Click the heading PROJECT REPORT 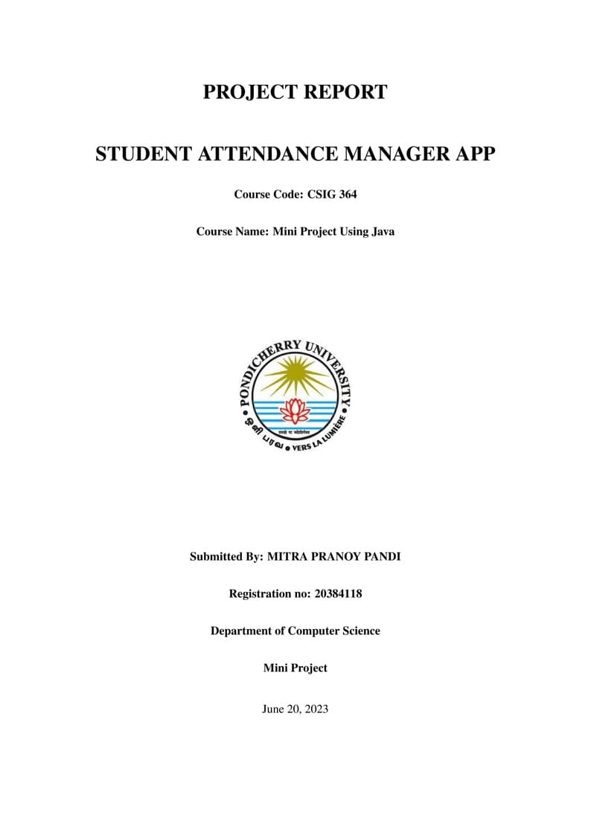click(295, 92)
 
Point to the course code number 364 click(347, 195)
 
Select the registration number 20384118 click(339, 593)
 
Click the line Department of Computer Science click(295, 631)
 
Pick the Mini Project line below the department click(295, 668)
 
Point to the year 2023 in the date click(315, 709)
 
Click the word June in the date click(273, 709)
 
